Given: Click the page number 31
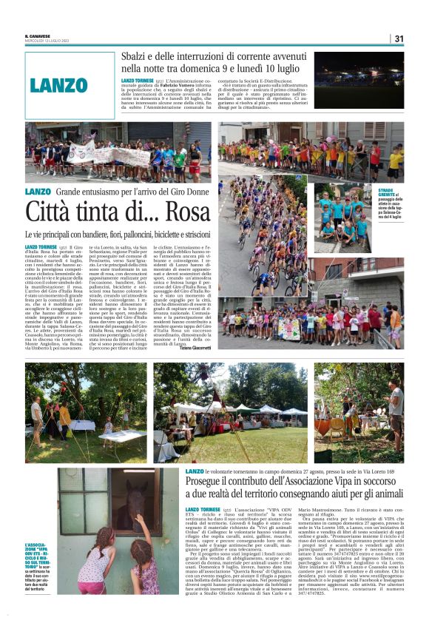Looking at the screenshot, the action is click(x=399, y=38).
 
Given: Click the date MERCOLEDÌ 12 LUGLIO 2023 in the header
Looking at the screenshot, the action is click(x=47, y=41).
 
